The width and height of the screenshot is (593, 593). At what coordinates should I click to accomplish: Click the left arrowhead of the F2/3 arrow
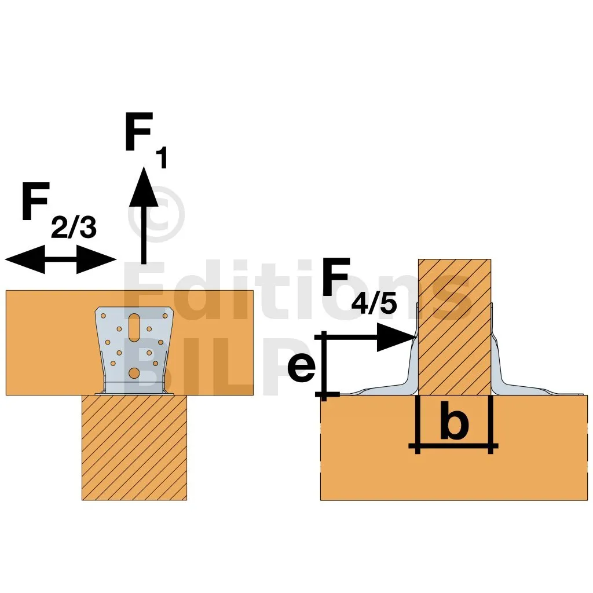(x=25, y=259)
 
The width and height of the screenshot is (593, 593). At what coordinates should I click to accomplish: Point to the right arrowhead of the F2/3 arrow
(x=97, y=259)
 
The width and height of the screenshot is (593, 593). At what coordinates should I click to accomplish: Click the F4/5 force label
(x=359, y=285)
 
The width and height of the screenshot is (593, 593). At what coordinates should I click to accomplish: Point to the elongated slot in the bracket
(x=134, y=327)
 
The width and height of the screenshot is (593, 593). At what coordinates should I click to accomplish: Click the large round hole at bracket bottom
(x=134, y=373)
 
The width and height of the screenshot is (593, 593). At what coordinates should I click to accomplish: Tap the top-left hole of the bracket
(x=103, y=316)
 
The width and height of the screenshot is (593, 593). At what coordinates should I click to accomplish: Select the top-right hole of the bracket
(x=165, y=316)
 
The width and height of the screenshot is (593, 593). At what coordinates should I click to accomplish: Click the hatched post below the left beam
(x=134, y=448)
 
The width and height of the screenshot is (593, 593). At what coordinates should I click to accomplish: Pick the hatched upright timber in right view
(x=454, y=327)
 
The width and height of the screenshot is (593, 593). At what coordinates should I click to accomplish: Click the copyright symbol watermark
(x=156, y=214)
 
